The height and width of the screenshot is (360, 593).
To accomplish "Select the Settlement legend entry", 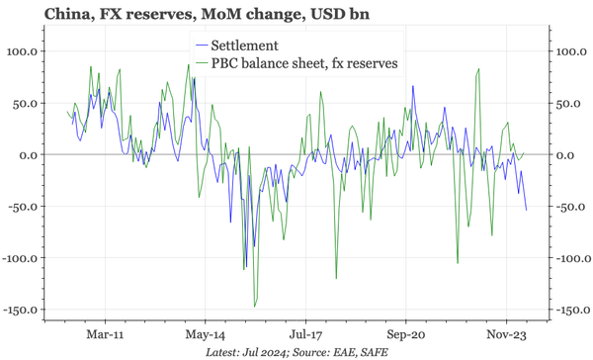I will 251,45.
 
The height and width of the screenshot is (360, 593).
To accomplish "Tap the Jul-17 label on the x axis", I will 303,334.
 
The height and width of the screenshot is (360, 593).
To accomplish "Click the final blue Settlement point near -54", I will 526,210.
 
